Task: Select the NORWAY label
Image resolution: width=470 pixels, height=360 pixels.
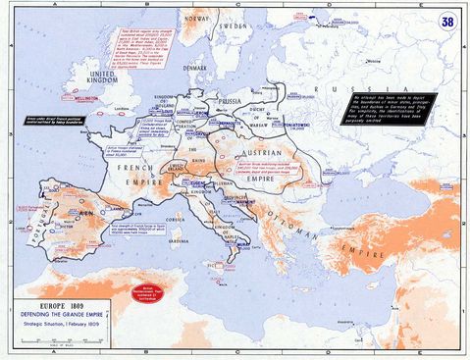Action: point(201,17)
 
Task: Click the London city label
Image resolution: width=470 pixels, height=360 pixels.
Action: point(124,109)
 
